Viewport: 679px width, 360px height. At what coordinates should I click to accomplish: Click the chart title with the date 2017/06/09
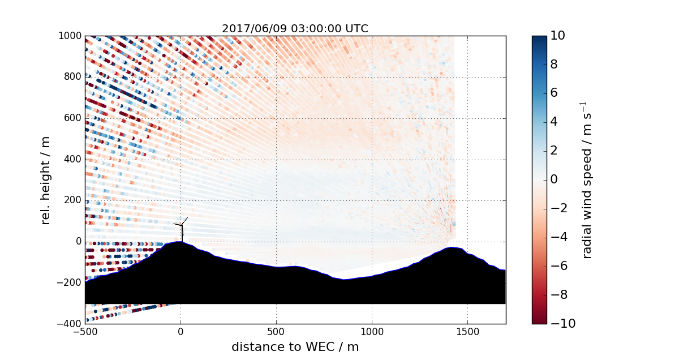coord(295,28)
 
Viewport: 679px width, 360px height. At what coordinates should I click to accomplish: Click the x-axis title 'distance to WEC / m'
coord(295,346)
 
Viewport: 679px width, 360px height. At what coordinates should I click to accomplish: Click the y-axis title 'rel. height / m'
coord(46,180)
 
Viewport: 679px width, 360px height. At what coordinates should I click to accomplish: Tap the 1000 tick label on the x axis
coord(372,332)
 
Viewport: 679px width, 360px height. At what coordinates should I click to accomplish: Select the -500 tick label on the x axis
coord(85,332)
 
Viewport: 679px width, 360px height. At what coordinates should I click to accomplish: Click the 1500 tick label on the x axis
coord(467,332)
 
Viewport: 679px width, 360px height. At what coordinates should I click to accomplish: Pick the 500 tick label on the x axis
coord(276,332)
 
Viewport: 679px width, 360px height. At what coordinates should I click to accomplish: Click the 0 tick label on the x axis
coord(181,332)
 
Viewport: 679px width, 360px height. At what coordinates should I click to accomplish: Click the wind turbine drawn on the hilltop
coord(182,230)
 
